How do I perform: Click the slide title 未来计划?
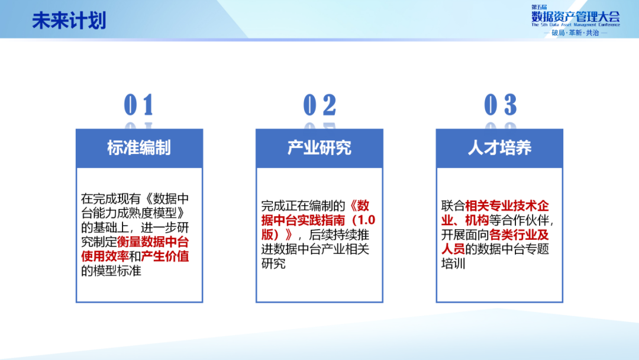[x=69, y=20]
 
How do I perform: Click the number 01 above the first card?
[x=138, y=105]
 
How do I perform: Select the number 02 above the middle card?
[x=319, y=105]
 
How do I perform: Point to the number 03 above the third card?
[x=500, y=105]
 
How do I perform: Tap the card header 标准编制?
[x=139, y=147]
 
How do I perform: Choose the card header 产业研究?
[x=319, y=147]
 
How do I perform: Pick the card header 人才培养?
[x=499, y=147]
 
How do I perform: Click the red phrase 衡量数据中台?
[x=153, y=242]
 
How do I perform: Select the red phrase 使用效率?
[x=105, y=256]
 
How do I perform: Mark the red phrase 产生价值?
[x=165, y=256]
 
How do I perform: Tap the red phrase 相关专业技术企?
[x=507, y=206]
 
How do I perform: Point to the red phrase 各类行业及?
[x=519, y=234]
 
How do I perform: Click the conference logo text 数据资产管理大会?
[x=576, y=17]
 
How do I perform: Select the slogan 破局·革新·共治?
[x=575, y=33]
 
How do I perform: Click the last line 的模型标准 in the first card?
[x=111, y=271]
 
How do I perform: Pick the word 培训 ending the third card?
[x=453, y=263]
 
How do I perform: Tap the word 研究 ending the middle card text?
[x=273, y=263]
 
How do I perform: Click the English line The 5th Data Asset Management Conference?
[x=576, y=25]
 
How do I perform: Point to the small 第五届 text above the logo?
[x=539, y=7]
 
